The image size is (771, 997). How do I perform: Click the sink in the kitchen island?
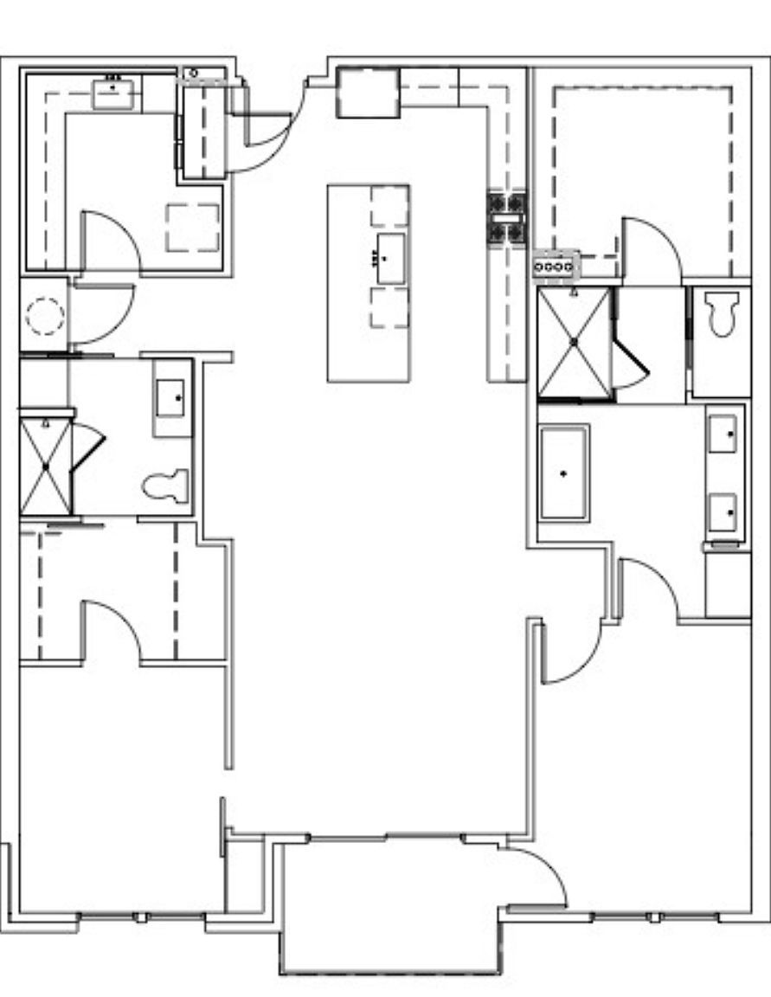point(391,258)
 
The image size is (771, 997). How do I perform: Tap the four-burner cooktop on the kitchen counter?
point(506,218)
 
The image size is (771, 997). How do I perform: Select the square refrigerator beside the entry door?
point(368,93)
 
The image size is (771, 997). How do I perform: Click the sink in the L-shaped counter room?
point(113,93)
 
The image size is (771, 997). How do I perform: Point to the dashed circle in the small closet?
point(45,315)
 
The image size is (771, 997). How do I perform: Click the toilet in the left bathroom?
point(166,486)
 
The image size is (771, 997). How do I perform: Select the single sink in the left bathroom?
point(170,397)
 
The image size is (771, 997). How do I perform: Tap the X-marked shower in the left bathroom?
point(46,466)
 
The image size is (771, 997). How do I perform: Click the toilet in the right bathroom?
point(720,313)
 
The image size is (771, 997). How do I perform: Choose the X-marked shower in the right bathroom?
point(575,343)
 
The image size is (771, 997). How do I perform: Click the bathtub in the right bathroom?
point(564,473)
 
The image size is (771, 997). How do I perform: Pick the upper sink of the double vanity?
point(723,433)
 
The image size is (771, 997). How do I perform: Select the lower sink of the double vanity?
point(723,511)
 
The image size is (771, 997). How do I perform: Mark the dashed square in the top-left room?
point(192,228)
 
